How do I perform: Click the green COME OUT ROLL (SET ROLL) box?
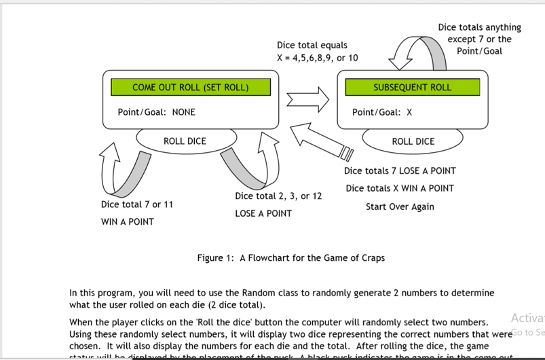pos(190,87)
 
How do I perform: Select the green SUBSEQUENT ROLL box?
pos(412,87)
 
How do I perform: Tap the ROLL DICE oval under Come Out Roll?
pos(185,141)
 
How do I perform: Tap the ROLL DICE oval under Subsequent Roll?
pos(413,141)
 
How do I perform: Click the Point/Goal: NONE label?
pos(156,112)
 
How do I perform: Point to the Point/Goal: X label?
pos(382,112)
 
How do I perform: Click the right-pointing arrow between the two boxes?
pos(307,100)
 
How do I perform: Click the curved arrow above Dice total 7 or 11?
pos(124,170)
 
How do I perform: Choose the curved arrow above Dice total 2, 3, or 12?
pos(248,165)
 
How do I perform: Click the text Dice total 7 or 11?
pos(136,204)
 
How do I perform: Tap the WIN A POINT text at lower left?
pos(127,221)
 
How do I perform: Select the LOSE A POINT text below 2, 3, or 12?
pos(263,213)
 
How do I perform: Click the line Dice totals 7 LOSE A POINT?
pos(400,170)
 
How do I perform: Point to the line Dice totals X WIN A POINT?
pos(400,188)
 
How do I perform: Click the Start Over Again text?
pos(400,206)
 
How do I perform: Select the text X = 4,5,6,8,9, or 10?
pos(317,58)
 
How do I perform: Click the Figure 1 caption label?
pos(290,258)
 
